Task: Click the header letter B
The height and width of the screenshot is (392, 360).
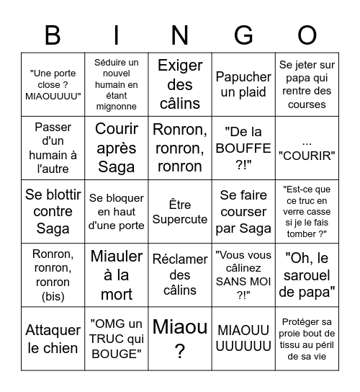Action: pos(53,35)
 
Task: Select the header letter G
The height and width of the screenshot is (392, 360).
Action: pos(243,35)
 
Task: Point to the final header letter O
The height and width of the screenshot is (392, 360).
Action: pos(307,35)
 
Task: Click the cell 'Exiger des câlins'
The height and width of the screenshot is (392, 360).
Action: pos(179,84)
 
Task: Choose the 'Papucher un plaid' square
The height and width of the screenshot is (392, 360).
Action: pos(243,84)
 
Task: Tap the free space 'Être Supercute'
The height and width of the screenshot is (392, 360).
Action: pos(179,211)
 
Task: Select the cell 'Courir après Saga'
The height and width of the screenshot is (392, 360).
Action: pos(116,148)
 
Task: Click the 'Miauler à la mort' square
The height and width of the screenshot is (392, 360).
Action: pos(116,275)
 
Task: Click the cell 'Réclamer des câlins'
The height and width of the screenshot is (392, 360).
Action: pos(179,275)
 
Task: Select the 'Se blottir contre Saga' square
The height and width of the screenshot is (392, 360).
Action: pos(53,211)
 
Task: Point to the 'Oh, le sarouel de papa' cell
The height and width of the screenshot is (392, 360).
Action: pos(307,275)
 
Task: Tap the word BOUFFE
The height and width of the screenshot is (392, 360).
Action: pos(243,148)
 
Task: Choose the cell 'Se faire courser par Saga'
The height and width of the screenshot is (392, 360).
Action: pos(243,211)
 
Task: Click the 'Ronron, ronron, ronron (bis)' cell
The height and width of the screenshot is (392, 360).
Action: pos(53,275)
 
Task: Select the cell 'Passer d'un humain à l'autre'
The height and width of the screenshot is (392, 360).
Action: pos(53,148)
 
